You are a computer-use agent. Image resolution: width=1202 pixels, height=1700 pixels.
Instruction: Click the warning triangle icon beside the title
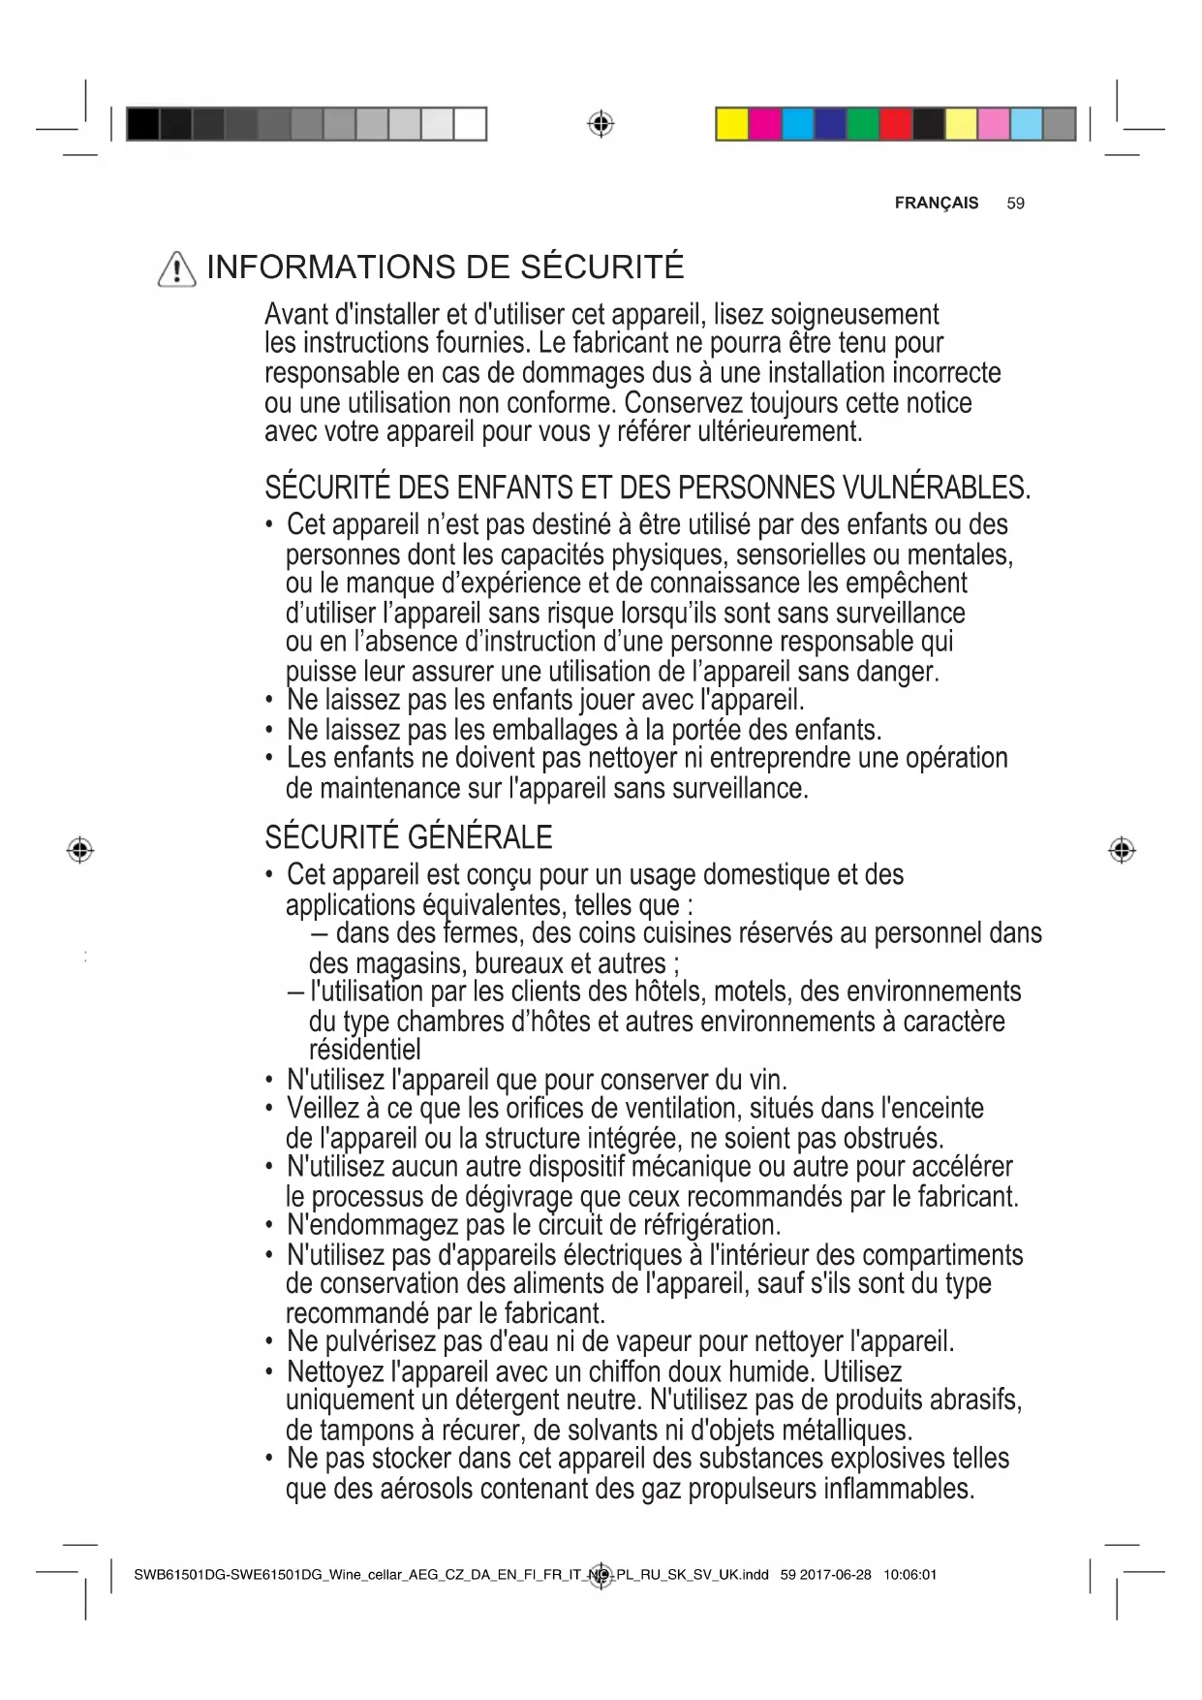point(176,268)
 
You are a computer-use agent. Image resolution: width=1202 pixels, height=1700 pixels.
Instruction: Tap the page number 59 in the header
point(1015,204)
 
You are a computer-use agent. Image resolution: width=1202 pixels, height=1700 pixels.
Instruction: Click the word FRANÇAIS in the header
point(936,204)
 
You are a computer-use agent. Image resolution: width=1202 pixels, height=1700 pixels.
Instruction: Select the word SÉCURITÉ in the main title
point(602,268)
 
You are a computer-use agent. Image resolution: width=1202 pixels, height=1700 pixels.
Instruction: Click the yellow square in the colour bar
point(732,125)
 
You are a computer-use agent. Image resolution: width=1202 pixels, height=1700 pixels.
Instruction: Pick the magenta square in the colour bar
point(765,125)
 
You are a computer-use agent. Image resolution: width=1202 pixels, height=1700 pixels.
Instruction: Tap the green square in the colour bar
point(863,125)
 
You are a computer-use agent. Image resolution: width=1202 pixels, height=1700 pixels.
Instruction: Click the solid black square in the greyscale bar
point(142,125)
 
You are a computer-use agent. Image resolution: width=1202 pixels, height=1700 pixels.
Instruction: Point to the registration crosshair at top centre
point(601,124)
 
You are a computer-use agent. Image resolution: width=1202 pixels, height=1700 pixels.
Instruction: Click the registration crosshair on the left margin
point(80,850)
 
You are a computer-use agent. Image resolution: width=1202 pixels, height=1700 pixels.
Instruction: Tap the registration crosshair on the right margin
point(1122,850)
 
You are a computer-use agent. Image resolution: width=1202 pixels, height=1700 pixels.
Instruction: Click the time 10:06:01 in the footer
point(909,1575)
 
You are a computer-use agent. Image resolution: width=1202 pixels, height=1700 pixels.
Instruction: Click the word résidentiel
point(365,1050)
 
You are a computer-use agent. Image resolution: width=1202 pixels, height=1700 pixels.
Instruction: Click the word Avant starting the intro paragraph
point(296,315)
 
